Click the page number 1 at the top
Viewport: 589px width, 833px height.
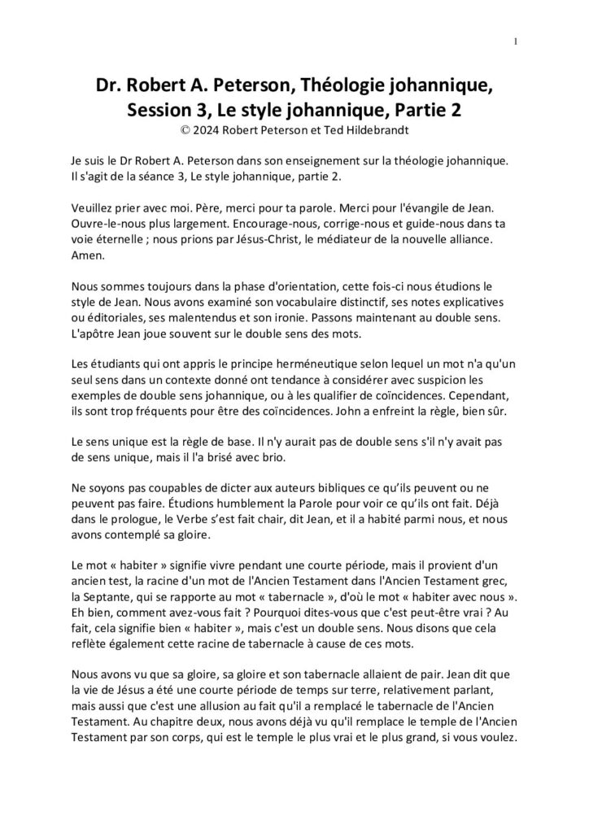517,42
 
